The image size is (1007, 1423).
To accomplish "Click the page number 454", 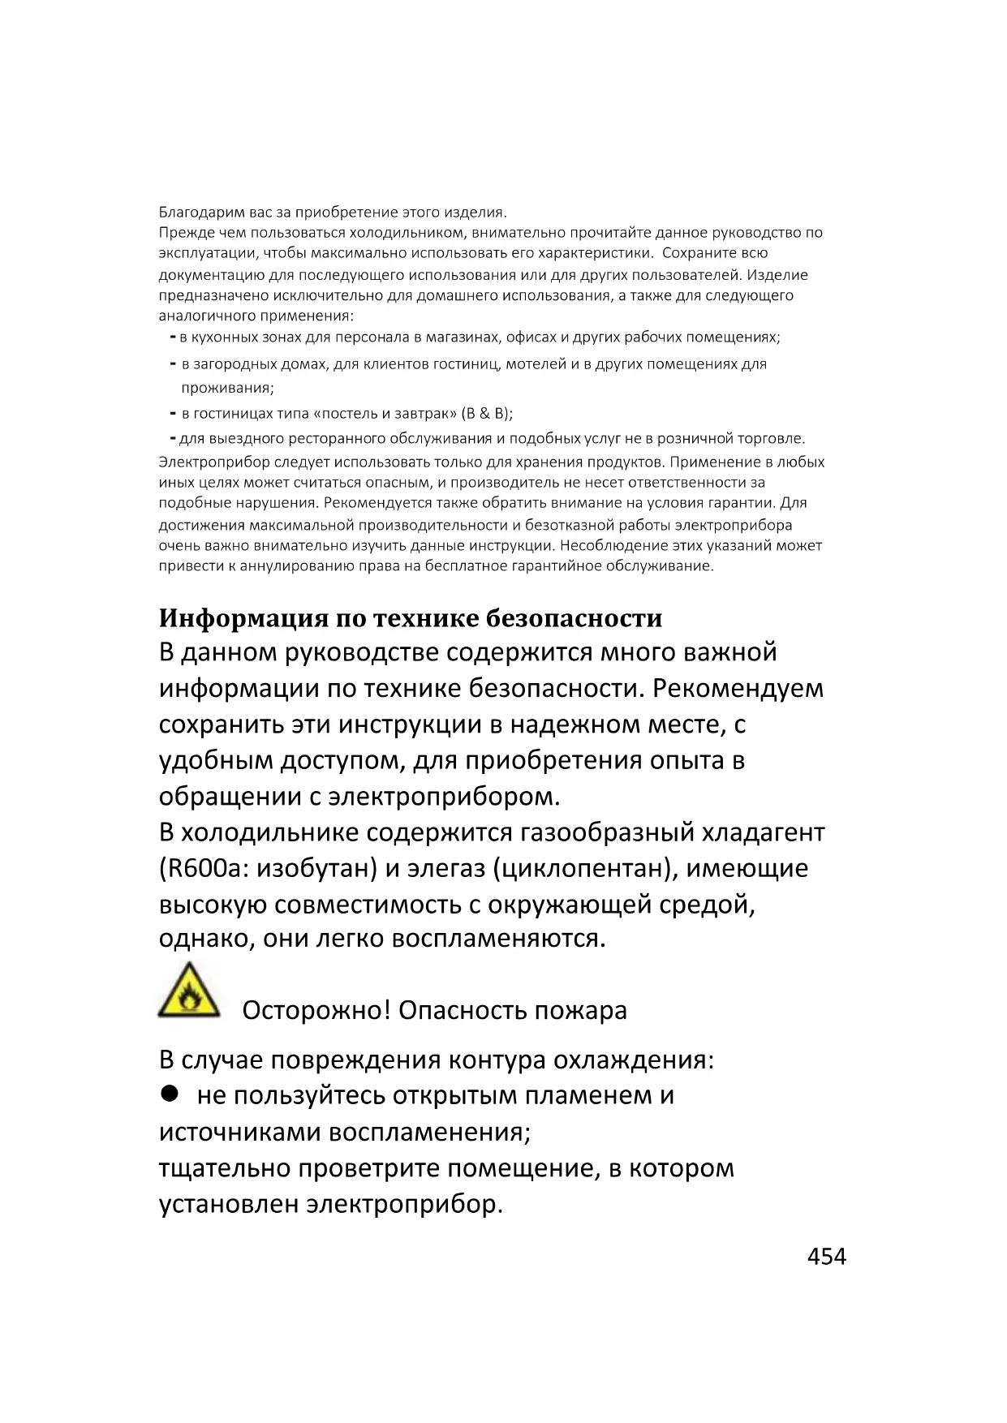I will tap(826, 1257).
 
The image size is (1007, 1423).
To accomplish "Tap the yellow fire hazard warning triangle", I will tap(189, 991).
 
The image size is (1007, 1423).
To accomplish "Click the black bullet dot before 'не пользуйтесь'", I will tap(169, 1094).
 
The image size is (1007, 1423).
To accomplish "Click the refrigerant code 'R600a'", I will tap(204, 868).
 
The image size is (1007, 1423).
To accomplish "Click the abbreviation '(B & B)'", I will tap(486, 414).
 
